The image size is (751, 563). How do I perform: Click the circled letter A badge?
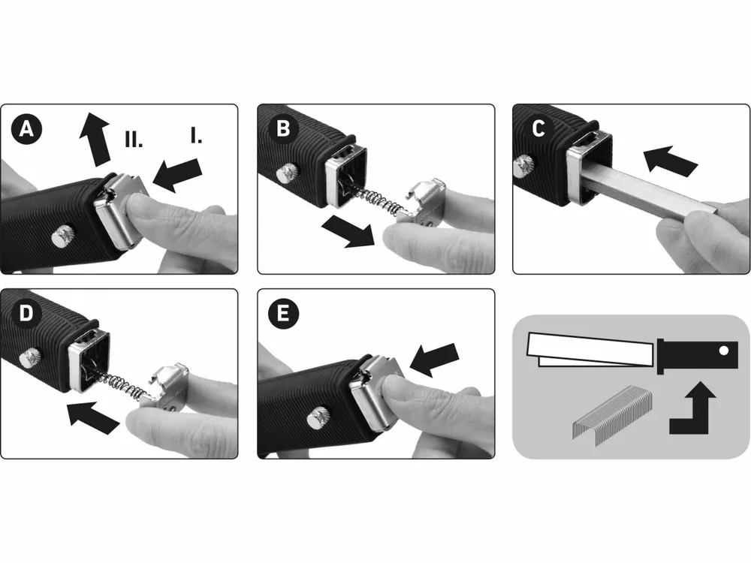26,129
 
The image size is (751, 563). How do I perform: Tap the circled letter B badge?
283,129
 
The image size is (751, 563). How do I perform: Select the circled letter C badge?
538,129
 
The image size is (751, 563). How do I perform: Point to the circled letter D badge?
26,314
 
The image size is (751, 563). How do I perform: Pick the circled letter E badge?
283,314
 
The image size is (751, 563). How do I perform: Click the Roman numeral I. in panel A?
196,135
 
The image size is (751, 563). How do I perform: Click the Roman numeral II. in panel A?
134,139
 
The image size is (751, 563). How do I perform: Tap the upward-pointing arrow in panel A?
96,140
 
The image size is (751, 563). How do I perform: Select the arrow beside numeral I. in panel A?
177,175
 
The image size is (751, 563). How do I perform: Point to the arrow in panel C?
670,160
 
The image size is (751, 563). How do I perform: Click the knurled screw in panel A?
61,237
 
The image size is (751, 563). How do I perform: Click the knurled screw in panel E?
317,417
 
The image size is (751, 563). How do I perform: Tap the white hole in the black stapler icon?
724,351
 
